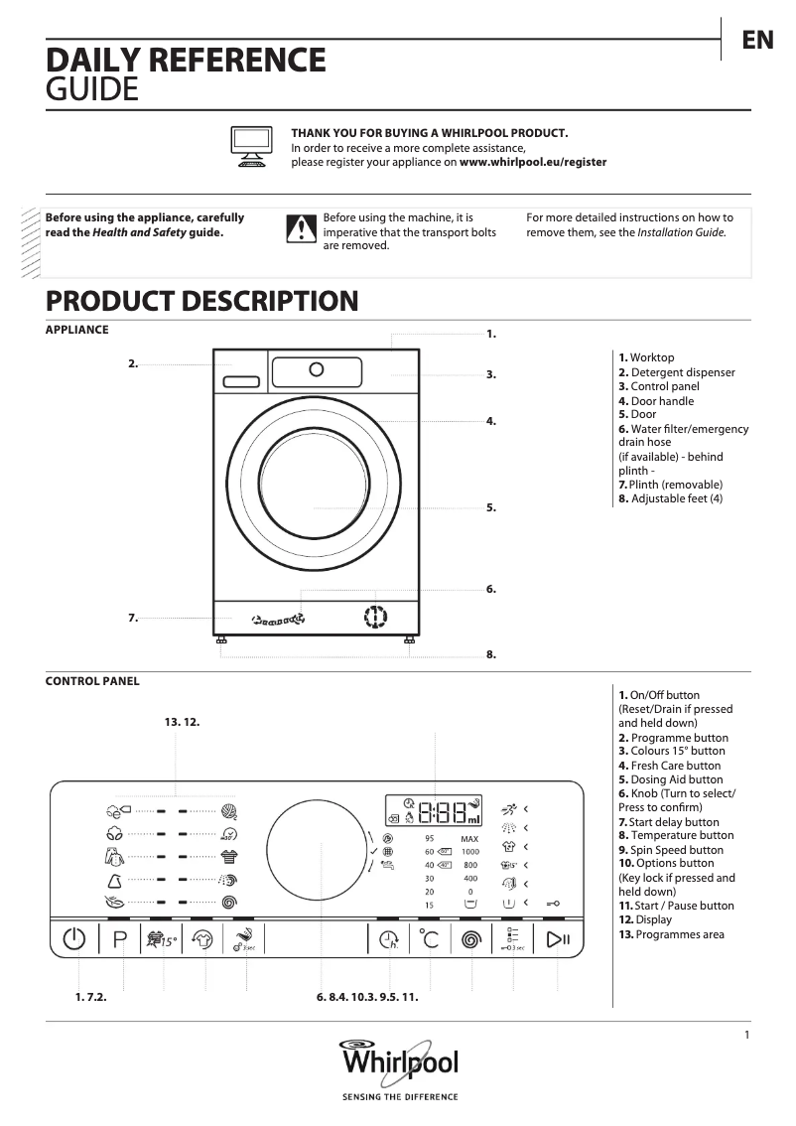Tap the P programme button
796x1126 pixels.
coord(120,939)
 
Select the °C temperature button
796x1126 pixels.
coord(428,939)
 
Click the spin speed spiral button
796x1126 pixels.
coord(471,939)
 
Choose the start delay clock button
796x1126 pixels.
coord(388,939)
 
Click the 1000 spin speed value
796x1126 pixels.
coord(469,852)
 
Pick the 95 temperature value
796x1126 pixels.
coord(429,839)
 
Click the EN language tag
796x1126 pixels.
coord(757,40)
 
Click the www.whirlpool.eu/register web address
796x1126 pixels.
coord(533,162)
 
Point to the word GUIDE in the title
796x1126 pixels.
coord(92,91)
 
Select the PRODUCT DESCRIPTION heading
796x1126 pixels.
coord(201,301)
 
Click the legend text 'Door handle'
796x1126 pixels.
coord(662,401)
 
